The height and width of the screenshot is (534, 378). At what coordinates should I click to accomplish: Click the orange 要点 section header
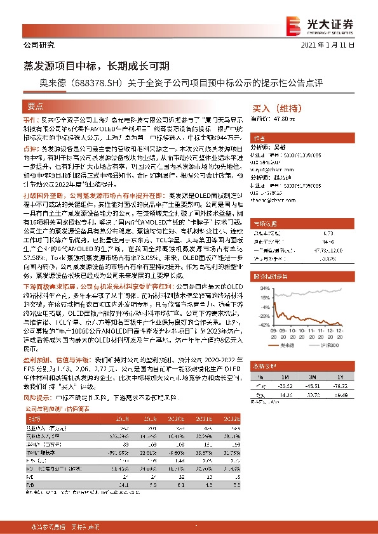(x=36, y=106)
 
